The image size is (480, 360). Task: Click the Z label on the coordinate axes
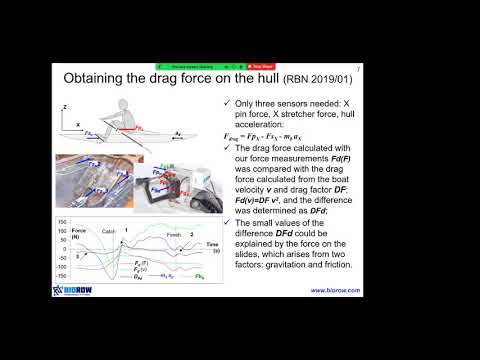65,104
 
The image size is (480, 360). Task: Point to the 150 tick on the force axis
64,220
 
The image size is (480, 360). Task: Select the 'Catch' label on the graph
111,231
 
